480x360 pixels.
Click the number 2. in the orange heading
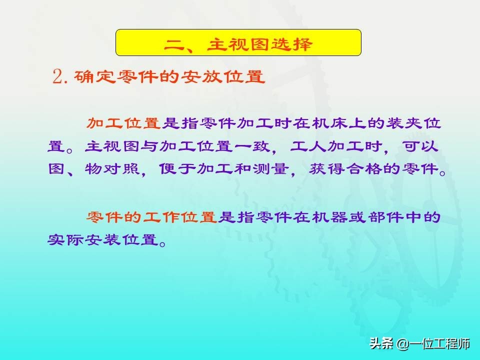60,76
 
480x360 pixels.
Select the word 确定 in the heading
93,76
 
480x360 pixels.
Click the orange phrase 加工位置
123,123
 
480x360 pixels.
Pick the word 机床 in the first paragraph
330,123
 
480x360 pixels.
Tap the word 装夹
404,123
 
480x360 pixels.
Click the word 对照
122,168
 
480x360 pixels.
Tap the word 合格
364,168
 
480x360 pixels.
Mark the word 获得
326,168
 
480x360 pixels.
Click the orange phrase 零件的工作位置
151,217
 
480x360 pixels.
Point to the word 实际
65,239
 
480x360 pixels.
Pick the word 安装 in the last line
103,239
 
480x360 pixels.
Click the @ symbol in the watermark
403,344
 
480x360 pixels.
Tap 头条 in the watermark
381,343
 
